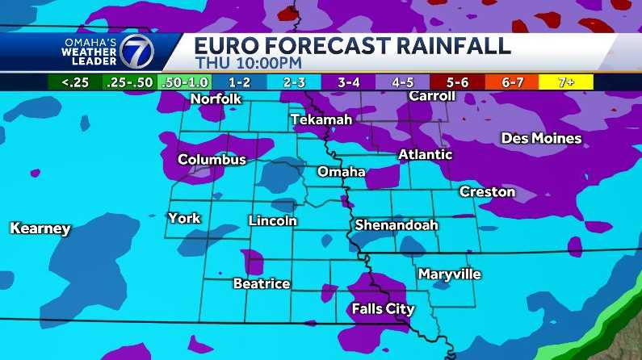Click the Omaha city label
click(341, 172)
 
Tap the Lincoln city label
click(273, 220)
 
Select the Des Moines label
click(541, 138)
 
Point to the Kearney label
click(40, 228)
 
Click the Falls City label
click(383, 308)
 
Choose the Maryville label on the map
click(449, 274)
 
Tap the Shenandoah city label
click(396, 224)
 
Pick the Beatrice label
click(261, 283)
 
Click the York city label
click(184, 218)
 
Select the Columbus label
click(212, 160)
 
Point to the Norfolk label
click(216, 99)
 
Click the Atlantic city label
click(426, 154)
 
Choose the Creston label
click(487, 191)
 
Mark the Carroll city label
click(432, 96)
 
